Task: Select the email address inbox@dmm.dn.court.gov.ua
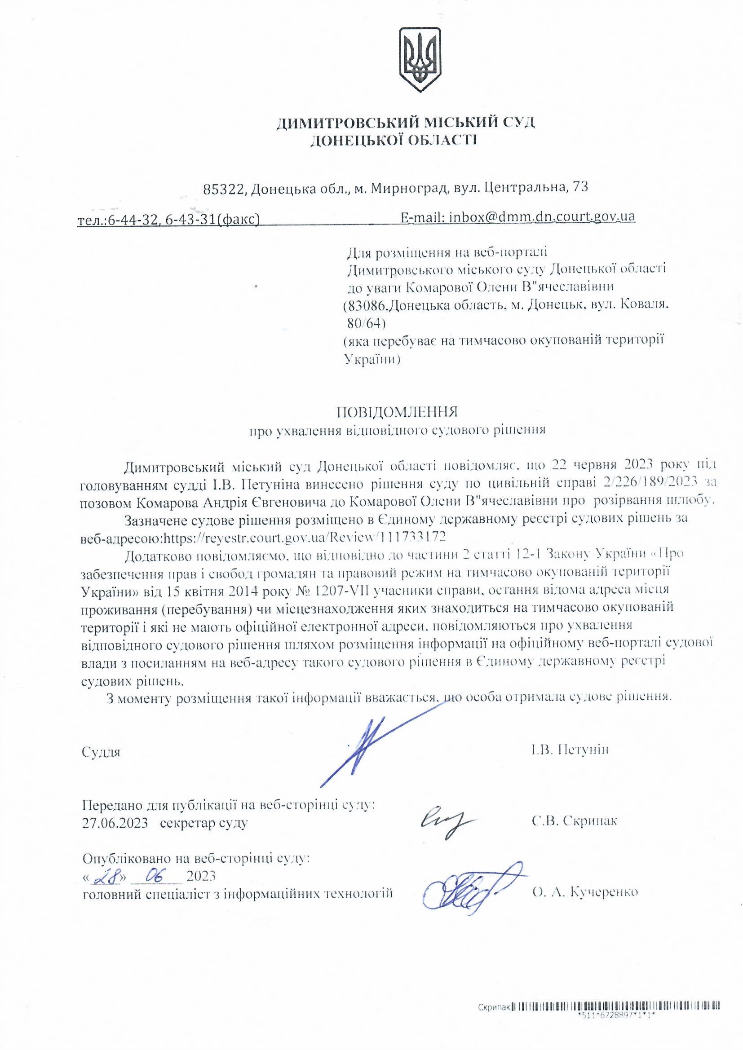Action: tap(542, 216)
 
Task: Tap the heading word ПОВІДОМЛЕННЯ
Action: tap(397, 412)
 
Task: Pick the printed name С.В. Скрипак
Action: tap(574, 821)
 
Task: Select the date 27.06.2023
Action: tap(115, 823)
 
